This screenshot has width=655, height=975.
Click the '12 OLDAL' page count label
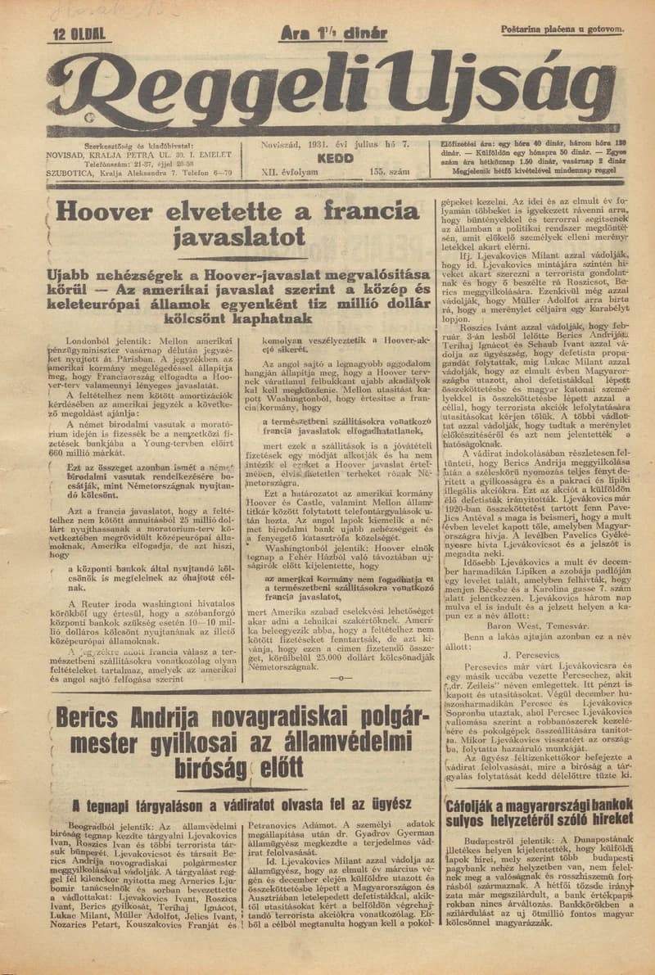(x=79, y=34)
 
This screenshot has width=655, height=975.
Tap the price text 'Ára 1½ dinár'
(x=333, y=33)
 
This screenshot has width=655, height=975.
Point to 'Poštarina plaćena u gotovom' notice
(x=562, y=29)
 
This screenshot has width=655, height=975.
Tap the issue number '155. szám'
(x=388, y=173)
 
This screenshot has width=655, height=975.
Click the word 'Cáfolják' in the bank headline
(x=476, y=805)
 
